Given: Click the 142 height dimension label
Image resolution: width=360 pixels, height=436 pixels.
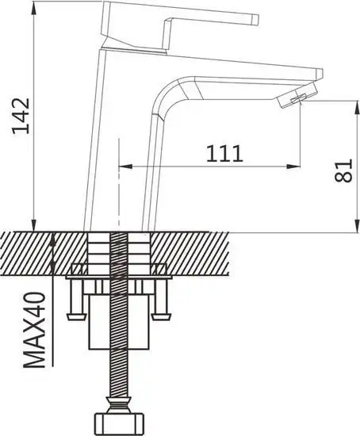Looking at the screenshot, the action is pyautogui.click(x=21, y=116).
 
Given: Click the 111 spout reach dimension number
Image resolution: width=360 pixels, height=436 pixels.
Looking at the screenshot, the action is pyautogui.click(x=224, y=154).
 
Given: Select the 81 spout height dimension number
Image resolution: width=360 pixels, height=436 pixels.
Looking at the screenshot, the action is pyautogui.click(x=343, y=170).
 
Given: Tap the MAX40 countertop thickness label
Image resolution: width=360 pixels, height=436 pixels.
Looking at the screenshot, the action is pyautogui.click(x=33, y=330).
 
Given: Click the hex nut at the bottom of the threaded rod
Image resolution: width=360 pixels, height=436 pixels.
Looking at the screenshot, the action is pyautogui.click(x=120, y=422).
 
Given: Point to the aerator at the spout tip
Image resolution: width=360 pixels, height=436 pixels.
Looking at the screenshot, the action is pyautogui.click(x=297, y=95).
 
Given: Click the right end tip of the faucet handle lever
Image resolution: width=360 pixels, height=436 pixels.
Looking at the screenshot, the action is pyautogui.click(x=256, y=19).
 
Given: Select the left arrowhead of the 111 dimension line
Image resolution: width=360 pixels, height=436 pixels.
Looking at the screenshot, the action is pyautogui.click(x=125, y=166).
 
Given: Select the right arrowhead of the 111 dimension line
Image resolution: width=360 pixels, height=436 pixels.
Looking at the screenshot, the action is pyautogui.click(x=293, y=166).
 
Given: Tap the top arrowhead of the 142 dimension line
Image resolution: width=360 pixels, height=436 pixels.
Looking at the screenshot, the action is pyautogui.click(x=33, y=9).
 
